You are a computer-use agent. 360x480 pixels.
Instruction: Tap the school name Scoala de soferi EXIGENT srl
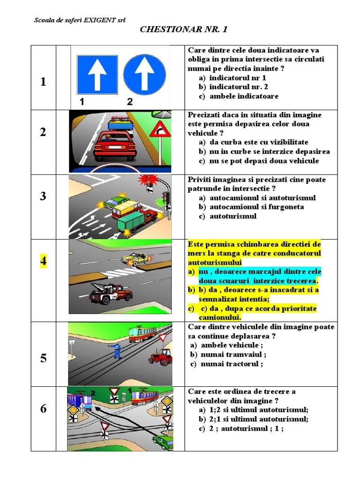click(80, 20)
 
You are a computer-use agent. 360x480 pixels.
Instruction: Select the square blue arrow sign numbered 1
click(97, 74)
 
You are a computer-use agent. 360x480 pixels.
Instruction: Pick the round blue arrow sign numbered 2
click(145, 74)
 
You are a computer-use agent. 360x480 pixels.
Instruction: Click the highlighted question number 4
click(43, 262)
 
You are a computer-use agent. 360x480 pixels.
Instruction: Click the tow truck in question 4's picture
click(111, 293)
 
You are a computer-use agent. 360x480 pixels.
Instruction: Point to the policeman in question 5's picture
click(116, 349)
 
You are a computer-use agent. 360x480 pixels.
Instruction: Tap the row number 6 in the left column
click(43, 409)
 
